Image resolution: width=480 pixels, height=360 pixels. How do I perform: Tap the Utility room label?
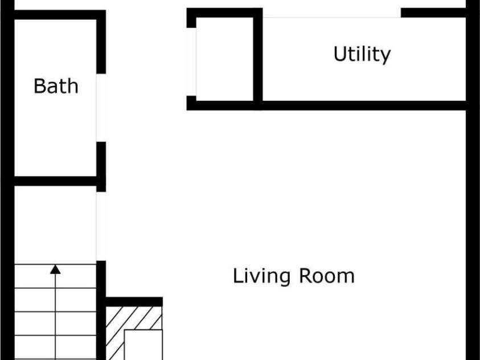click(x=362, y=54)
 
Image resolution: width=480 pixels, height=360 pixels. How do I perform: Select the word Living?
click(x=261, y=276)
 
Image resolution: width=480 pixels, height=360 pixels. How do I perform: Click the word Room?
click(x=327, y=276)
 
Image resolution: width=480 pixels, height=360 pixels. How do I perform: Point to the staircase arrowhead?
click(x=55, y=269)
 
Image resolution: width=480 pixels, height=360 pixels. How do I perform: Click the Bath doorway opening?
click(x=101, y=108)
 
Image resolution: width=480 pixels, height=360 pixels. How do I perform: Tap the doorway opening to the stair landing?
click(x=101, y=226)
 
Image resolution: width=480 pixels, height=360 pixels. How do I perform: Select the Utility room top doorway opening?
click(x=332, y=13)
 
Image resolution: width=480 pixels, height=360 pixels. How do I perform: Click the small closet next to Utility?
click(x=225, y=59)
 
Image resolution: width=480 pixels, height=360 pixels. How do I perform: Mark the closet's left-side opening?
click(x=191, y=62)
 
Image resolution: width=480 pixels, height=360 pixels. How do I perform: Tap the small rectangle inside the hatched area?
click(x=143, y=345)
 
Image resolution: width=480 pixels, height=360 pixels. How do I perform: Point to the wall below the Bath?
click(x=55, y=181)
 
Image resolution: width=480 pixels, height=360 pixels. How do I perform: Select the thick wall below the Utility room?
click(x=326, y=105)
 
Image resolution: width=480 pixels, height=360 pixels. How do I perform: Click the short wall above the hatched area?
click(x=134, y=301)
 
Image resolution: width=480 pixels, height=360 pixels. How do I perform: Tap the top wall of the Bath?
click(x=60, y=15)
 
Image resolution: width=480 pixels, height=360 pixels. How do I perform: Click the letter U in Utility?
click(x=340, y=54)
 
